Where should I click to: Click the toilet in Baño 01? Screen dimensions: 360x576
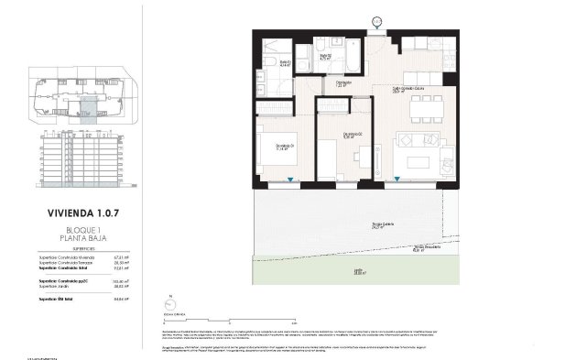click(x=275, y=59)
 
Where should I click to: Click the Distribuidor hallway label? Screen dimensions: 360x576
click(x=344, y=86)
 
